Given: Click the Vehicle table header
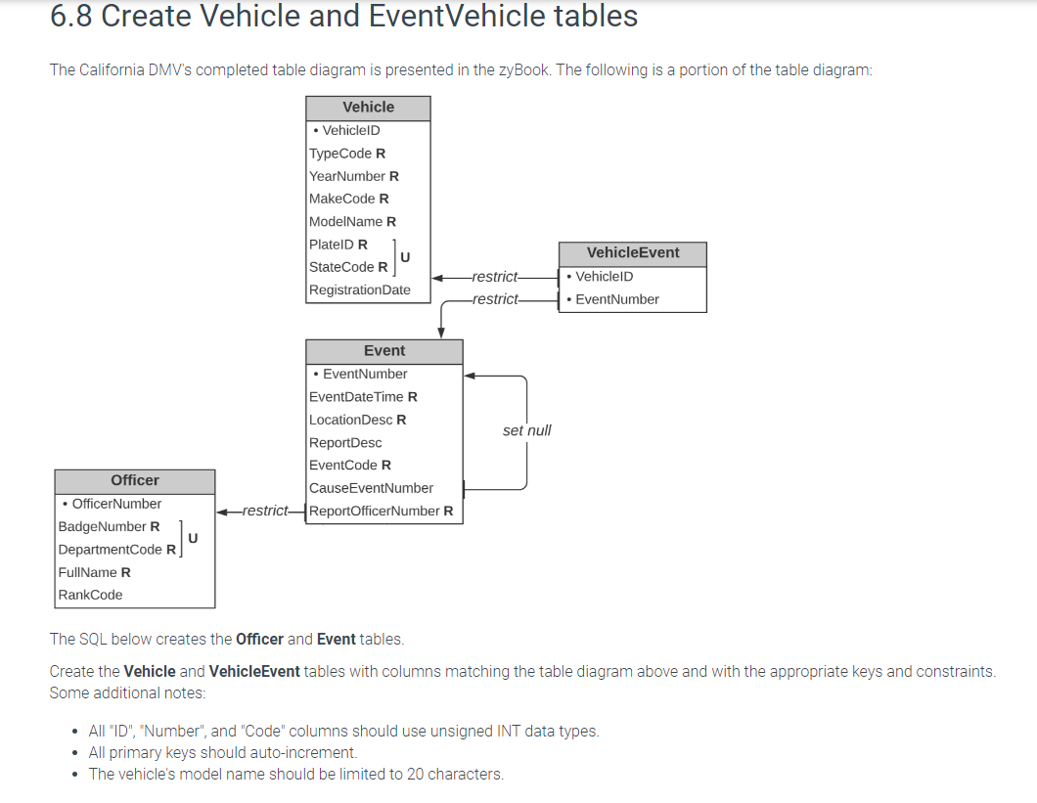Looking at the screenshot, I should pyautogui.click(x=368, y=108).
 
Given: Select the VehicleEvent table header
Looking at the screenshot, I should pyautogui.click(x=632, y=253).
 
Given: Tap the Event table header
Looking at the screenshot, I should pyautogui.click(x=383, y=351).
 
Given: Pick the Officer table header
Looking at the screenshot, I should pyautogui.click(x=135, y=480).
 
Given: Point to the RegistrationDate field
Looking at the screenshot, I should pyautogui.click(x=359, y=290).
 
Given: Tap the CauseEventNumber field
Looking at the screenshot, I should pyautogui.click(x=371, y=488).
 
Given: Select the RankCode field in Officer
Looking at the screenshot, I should pyautogui.click(x=90, y=595).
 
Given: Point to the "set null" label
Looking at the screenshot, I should pyautogui.click(x=526, y=430).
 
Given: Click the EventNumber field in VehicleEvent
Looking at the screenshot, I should pyautogui.click(x=616, y=299).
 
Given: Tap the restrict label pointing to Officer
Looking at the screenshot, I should pyautogui.click(x=265, y=511).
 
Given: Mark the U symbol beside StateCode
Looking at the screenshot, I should pyautogui.click(x=405, y=256).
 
